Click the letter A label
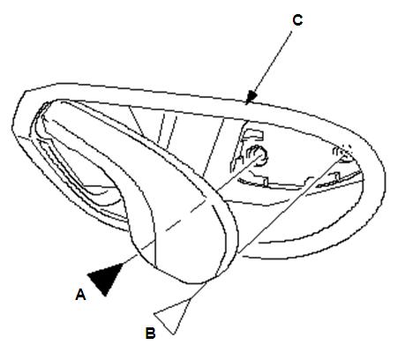pyautogui.click(x=80, y=295)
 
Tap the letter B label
pyautogui.click(x=150, y=334)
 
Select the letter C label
pyautogui.click(x=297, y=20)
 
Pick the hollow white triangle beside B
pyautogui.click(x=172, y=316)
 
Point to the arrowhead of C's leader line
pyautogui.click(x=251, y=97)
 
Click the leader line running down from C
pyautogui.click(x=271, y=64)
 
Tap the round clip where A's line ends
pyautogui.click(x=259, y=155)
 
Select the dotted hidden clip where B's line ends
pyautogui.click(x=343, y=153)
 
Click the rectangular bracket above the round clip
pyautogui.click(x=252, y=134)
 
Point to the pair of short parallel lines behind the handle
pyautogui.click(x=166, y=130)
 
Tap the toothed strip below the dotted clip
pyautogui.click(x=338, y=180)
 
